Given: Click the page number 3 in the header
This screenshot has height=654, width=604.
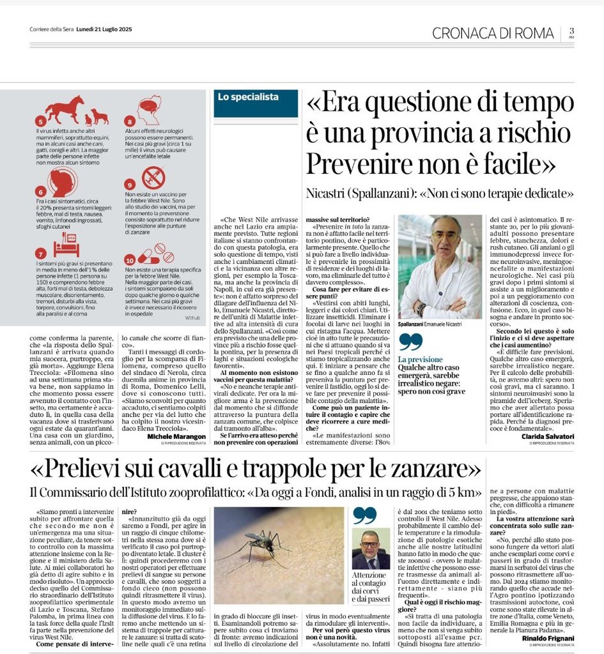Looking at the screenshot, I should tap(571, 31).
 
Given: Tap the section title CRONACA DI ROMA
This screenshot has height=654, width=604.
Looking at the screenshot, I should tap(493, 33).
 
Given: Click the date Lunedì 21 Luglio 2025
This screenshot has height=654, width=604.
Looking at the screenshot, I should tap(104, 29).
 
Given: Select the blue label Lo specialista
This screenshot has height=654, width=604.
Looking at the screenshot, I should tap(248, 97).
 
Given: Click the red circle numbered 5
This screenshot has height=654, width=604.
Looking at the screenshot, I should tap(42, 121).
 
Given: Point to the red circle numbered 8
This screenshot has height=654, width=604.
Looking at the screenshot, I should tap(129, 121).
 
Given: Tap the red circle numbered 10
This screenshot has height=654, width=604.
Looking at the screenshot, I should tap(130, 261).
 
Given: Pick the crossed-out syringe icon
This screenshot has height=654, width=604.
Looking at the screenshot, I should tap(154, 177).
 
